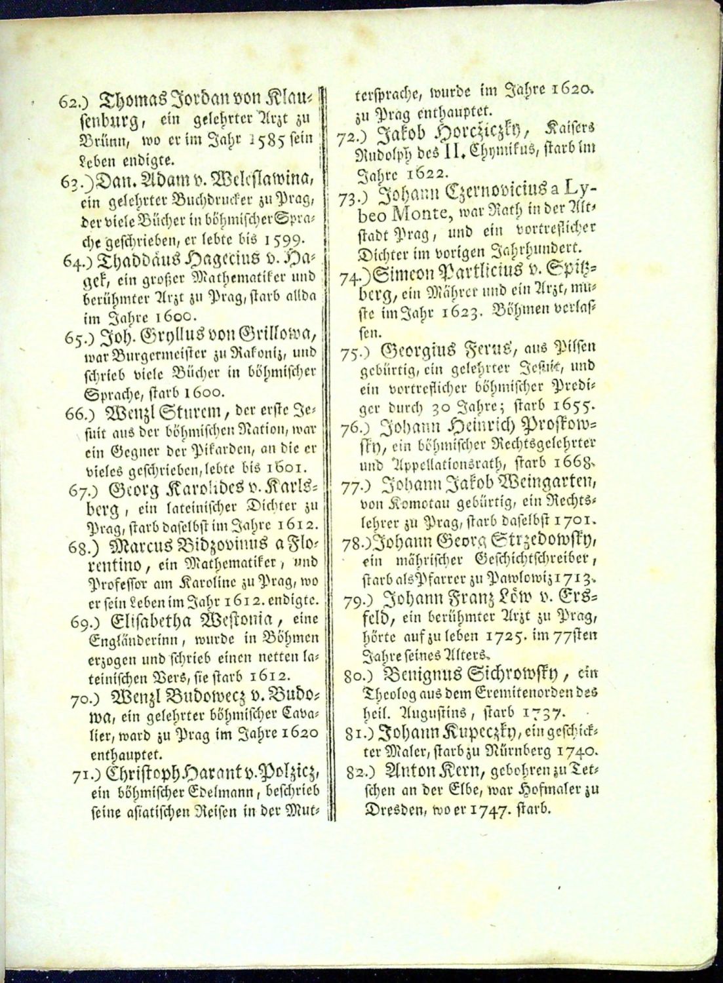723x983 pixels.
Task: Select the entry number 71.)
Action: click(86, 775)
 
